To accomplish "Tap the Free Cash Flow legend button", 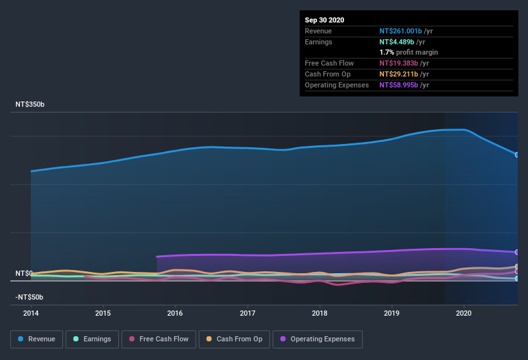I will click(x=158, y=339).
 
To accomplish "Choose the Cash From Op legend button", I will click(x=233, y=339).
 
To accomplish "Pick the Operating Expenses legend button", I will click(x=318, y=339).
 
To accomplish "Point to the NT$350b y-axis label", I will click(x=30, y=104).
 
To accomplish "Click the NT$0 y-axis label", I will click(x=24, y=273).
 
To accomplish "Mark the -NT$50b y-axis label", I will click(x=30, y=297).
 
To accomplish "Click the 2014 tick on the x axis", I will click(x=30, y=313).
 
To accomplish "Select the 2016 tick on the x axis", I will click(x=175, y=313).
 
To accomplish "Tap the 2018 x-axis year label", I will click(x=320, y=313).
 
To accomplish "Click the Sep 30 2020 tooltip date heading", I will click(x=324, y=20).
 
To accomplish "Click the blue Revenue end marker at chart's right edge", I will click(x=517, y=155).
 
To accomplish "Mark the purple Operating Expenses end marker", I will click(x=517, y=252).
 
